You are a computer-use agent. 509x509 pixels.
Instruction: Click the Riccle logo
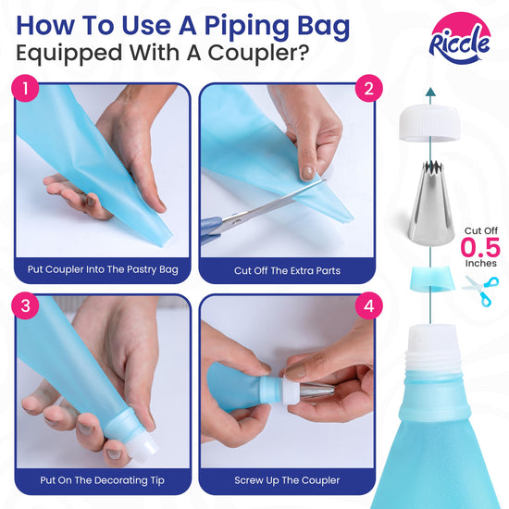click(x=460, y=38)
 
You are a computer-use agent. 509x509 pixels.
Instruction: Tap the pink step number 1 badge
click(x=25, y=88)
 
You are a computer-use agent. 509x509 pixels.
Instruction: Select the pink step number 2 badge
click(x=368, y=88)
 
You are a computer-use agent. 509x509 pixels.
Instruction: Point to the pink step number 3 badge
click(x=25, y=305)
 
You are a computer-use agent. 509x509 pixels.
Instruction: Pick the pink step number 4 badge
click(x=368, y=305)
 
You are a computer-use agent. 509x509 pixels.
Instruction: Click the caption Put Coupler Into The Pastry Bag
click(x=103, y=269)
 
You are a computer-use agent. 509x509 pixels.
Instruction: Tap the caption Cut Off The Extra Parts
click(x=287, y=271)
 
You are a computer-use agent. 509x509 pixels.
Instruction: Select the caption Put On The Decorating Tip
click(x=102, y=480)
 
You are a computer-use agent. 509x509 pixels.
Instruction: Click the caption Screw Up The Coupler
click(x=287, y=480)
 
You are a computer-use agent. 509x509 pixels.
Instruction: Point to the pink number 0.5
click(x=480, y=247)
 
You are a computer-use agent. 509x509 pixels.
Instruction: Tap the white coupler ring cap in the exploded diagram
click(x=429, y=123)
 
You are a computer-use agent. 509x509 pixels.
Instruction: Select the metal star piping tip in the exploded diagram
click(x=430, y=203)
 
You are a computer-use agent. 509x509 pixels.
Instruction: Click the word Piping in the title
click(x=246, y=27)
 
